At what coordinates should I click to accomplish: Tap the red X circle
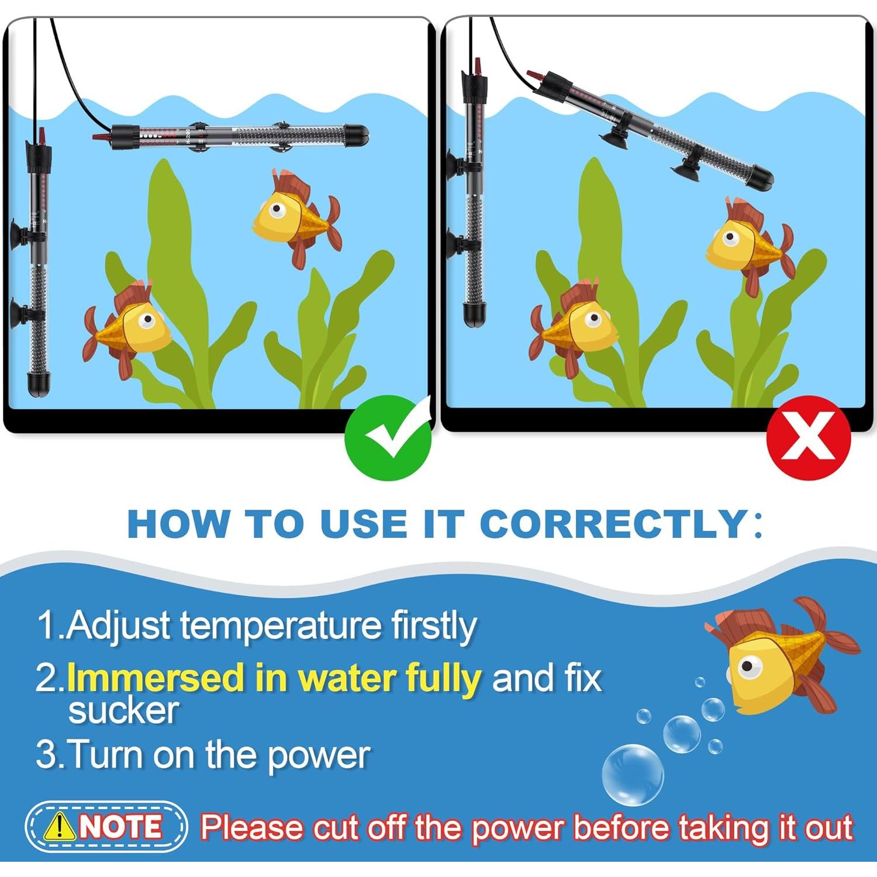(809, 437)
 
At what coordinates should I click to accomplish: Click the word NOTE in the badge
(121, 827)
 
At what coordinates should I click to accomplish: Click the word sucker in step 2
(123, 710)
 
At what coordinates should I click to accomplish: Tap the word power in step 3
(319, 755)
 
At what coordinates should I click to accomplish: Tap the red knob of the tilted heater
(534, 76)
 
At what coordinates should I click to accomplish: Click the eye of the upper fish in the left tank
(276, 209)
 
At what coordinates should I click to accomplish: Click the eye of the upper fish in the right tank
(730, 238)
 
